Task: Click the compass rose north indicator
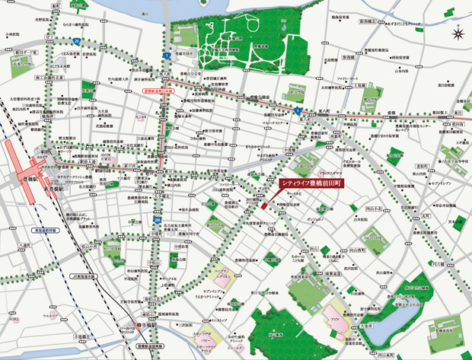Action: (x=456, y=33)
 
